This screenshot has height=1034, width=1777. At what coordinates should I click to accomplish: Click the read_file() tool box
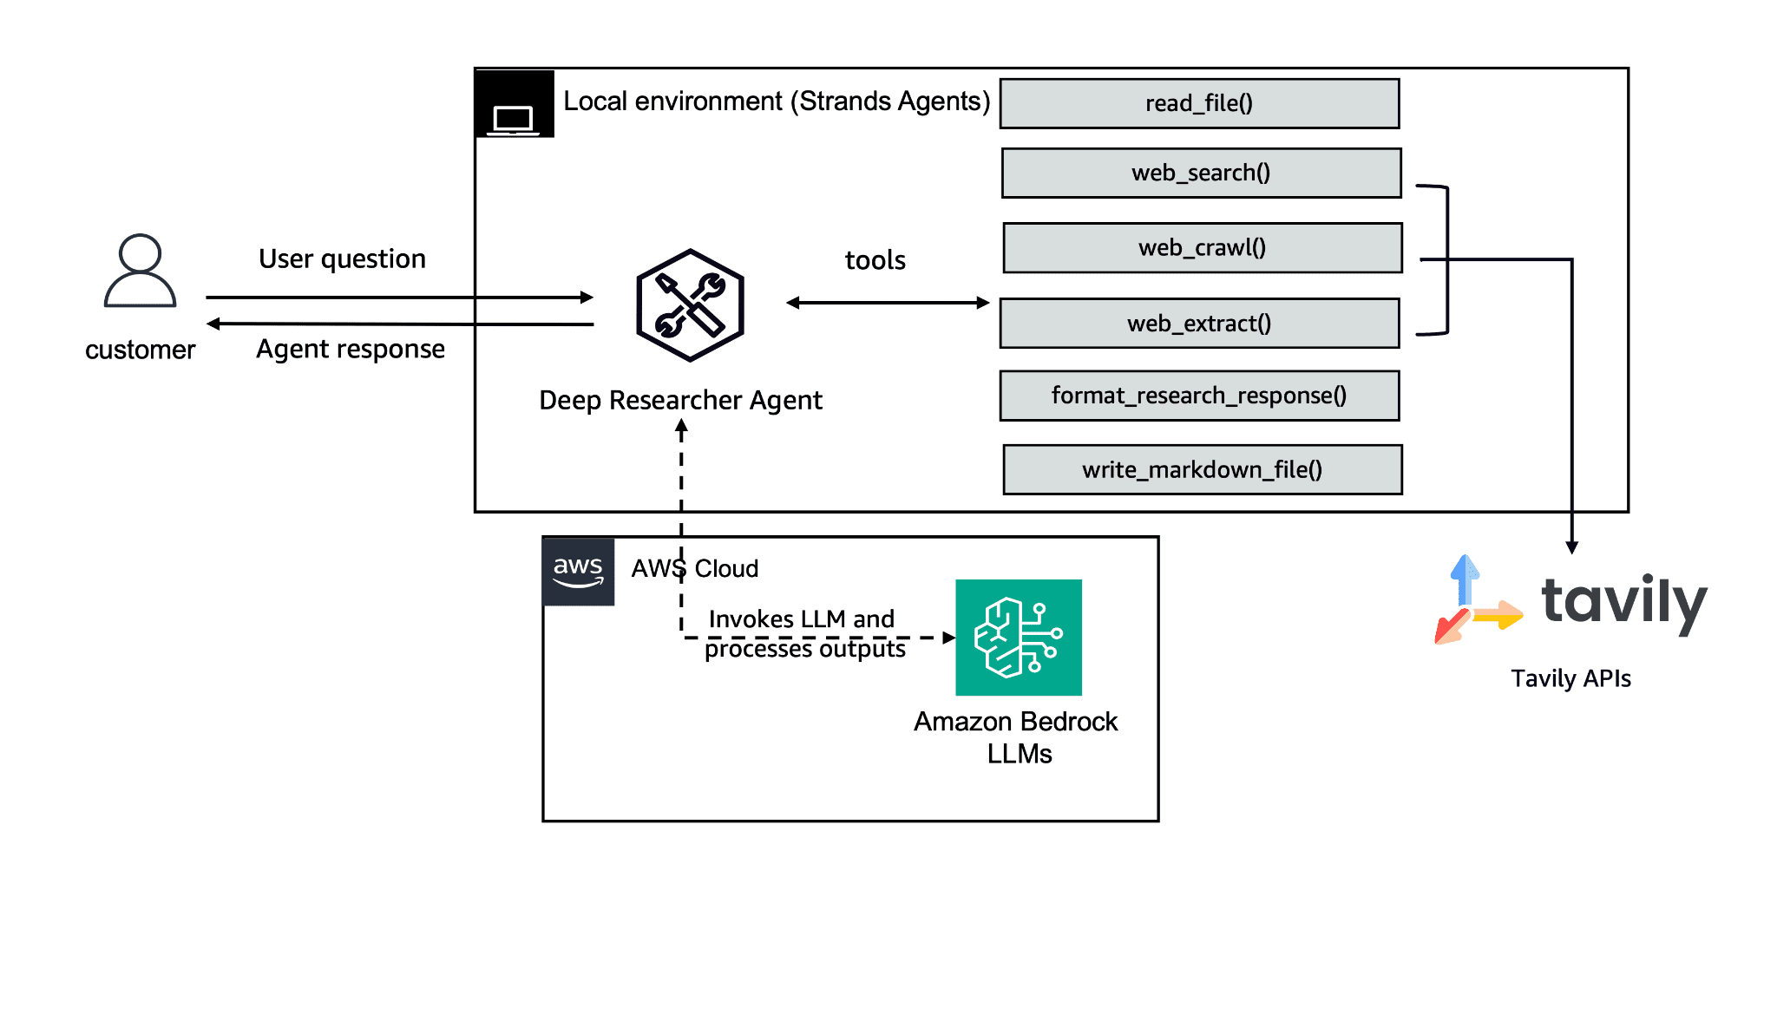click(x=1199, y=104)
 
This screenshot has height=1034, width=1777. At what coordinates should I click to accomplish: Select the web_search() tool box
click(x=1201, y=173)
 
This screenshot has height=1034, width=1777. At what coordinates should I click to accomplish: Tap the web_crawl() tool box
click(x=1202, y=248)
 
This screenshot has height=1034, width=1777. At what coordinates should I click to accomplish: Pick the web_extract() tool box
click(x=1199, y=324)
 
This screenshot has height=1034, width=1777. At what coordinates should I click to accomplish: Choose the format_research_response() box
click(x=1199, y=396)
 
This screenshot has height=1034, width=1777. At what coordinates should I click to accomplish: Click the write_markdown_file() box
click(x=1202, y=470)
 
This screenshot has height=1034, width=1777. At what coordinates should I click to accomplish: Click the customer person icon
click(x=140, y=271)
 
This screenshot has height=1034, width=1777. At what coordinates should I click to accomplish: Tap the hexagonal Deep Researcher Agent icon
click(x=690, y=305)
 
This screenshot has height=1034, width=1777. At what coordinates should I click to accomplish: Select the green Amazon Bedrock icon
click(x=1018, y=638)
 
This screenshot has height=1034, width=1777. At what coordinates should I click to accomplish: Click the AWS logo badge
click(x=578, y=572)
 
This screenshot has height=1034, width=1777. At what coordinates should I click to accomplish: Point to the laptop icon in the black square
click(x=514, y=117)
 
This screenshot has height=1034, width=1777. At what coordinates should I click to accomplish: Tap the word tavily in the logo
click(x=1623, y=602)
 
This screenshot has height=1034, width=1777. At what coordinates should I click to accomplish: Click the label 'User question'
click(x=342, y=259)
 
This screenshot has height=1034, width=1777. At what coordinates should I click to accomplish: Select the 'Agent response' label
click(x=350, y=350)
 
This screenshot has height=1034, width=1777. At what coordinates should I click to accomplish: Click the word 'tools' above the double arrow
click(x=875, y=261)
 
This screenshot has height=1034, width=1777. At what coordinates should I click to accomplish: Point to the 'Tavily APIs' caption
click(x=1570, y=679)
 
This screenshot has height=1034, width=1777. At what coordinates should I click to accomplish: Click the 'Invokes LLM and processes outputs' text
click(x=803, y=634)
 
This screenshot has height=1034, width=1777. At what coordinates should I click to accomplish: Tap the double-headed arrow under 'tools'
click(x=887, y=303)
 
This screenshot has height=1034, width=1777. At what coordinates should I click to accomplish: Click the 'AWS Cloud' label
click(x=694, y=569)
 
